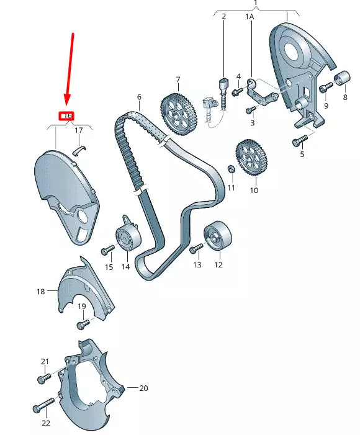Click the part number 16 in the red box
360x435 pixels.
point(66,115)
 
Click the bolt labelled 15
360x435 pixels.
point(107,251)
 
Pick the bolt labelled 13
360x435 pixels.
point(197,248)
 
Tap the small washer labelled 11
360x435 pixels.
point(230,169)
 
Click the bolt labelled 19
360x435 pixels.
point(82,325)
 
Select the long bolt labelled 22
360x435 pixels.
point(43,408)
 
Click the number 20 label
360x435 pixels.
point(143,388)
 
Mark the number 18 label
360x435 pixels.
point(41,291)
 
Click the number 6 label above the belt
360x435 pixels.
point(139,97)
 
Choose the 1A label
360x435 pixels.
point(250,17)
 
